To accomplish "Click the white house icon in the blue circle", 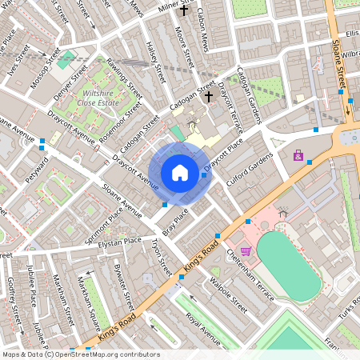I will (x=180, y=172).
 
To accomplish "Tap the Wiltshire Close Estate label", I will (x=98, y=98).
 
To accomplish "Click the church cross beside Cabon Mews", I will (x=184, y=11).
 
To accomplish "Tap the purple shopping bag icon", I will (x=298, y=155).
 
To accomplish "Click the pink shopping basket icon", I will (x=245, y=251).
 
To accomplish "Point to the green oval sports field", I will (x=289, y=266).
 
